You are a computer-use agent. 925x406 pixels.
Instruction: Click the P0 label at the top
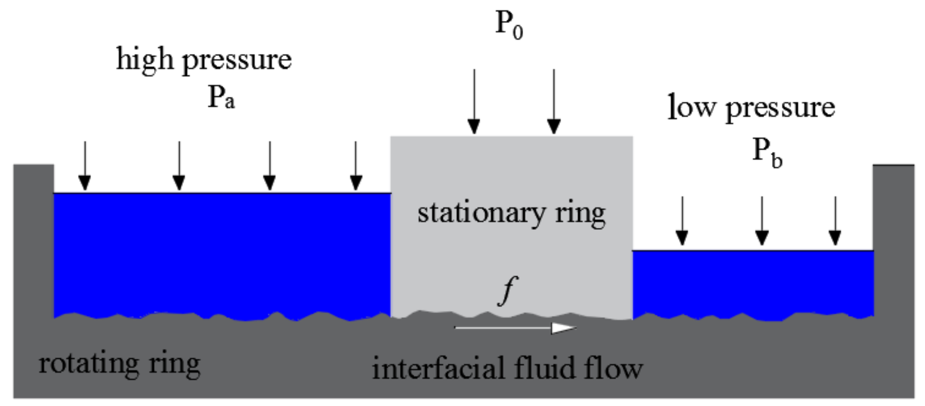(x=509, y=25)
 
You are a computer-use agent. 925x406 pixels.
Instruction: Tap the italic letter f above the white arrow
(x=508, y=290)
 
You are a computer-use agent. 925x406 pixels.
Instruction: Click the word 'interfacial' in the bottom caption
(x=438, y=368)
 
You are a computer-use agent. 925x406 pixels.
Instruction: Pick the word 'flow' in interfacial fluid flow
(x=613, y=368)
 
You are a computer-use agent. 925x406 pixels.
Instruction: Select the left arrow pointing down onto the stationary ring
(x=474, y=102)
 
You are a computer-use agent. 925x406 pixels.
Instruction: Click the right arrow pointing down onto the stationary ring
(x=554, y=102)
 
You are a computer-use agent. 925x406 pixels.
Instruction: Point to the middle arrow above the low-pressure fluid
(x=762, y=221)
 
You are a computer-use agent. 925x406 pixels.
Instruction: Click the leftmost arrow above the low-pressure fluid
(x=682, y=221)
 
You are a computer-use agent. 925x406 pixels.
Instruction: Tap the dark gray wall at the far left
(x=33, y=243)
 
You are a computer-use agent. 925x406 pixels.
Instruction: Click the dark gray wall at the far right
(x=893, y=243)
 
